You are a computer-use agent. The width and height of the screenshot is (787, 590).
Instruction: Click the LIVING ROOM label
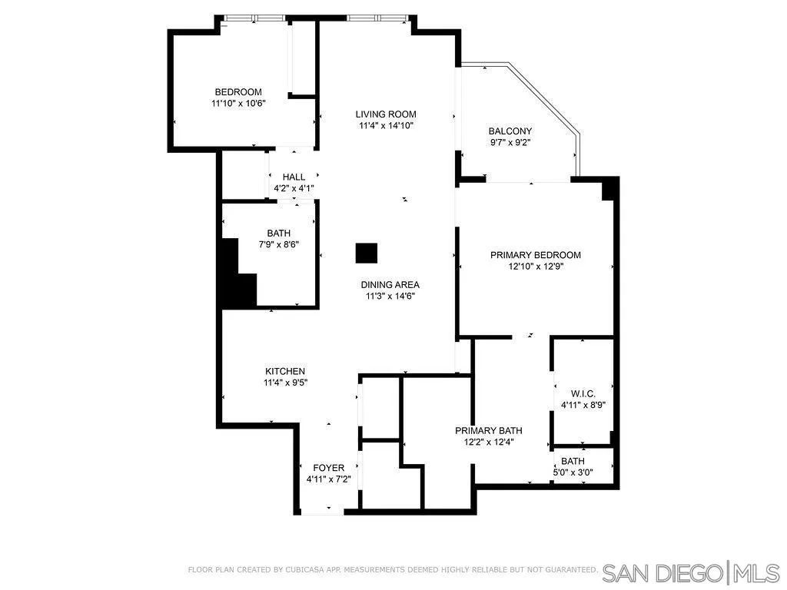[386, 114]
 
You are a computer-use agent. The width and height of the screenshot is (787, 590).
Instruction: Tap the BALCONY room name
[510, 131]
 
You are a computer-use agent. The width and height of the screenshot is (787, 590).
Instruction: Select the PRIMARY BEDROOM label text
[536, 255]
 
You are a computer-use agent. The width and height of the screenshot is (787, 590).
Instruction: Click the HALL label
[294, 177]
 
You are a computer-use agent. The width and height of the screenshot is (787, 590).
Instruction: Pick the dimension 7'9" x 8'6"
[278, 244]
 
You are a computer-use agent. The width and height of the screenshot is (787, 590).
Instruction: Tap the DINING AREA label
[390, 285]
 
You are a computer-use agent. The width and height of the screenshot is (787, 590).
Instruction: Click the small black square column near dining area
[367, 253]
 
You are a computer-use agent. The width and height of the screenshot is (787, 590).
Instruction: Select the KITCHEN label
[285, 371]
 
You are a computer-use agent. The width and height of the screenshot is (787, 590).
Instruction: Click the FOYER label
[328, 468]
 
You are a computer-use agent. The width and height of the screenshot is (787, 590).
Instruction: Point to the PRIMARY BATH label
[488, 431]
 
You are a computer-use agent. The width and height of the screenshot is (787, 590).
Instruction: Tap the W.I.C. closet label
[583, 393]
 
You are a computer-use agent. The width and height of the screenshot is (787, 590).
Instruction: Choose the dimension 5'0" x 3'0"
[573, 472]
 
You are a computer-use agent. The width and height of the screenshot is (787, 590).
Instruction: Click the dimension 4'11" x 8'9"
[583, 405]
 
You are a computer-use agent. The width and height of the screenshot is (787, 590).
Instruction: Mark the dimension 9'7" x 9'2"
[510, 142]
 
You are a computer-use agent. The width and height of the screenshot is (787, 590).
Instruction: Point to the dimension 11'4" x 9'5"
[285, 382]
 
